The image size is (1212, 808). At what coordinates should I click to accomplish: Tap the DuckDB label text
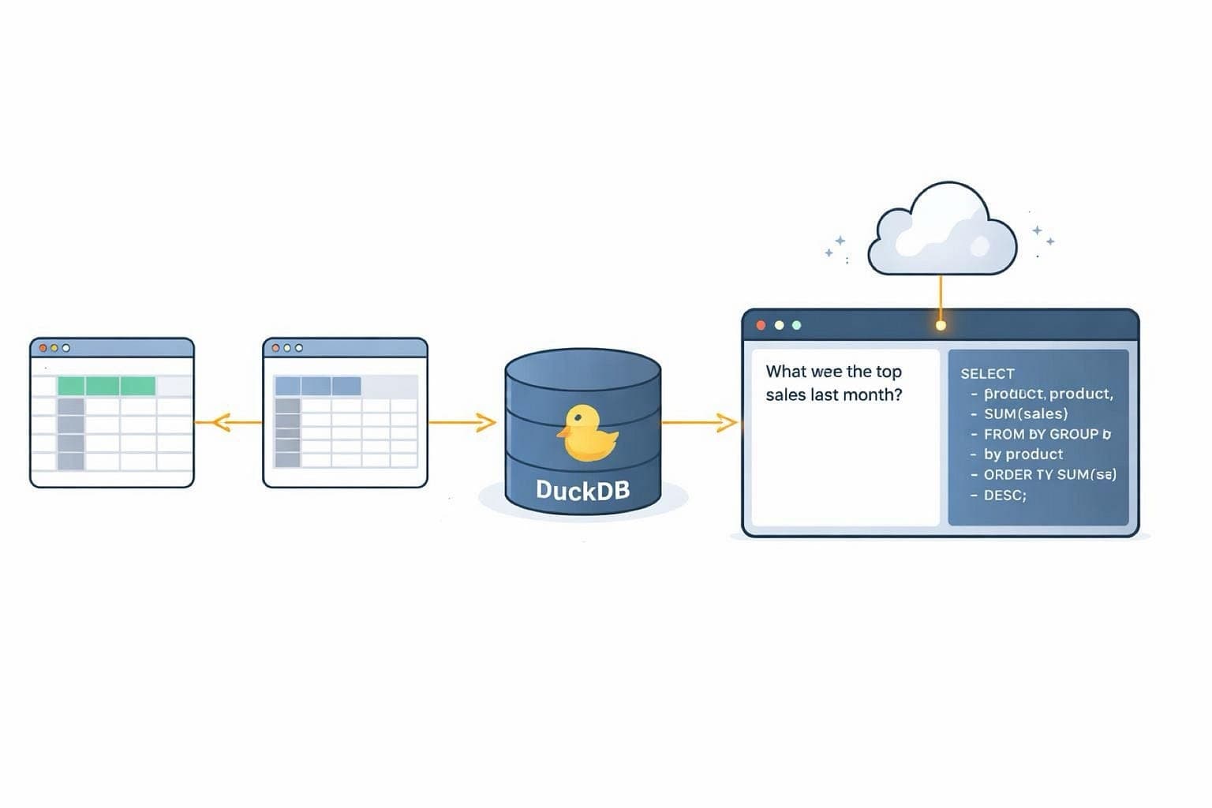582,489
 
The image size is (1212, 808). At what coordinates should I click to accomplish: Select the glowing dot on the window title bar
941,325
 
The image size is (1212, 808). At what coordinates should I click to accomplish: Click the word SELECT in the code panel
987,373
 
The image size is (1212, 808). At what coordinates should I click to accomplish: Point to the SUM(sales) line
1025,413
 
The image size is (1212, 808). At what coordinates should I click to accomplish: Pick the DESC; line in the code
1004,496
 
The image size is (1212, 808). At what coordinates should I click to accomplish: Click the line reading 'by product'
1023,454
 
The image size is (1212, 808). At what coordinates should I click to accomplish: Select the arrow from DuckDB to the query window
698,423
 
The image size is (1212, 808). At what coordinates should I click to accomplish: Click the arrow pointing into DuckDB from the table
462,423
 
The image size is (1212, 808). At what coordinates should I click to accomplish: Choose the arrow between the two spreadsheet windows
228,423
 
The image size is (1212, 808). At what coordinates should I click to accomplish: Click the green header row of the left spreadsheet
107,386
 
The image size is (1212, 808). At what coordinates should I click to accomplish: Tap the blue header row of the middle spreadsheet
317,386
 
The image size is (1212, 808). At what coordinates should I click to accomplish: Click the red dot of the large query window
761,325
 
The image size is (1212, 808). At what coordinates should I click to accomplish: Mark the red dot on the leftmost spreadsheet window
43,348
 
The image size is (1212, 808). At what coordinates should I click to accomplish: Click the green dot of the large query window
796,325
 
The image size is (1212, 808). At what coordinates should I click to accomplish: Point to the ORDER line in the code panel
1049,475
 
